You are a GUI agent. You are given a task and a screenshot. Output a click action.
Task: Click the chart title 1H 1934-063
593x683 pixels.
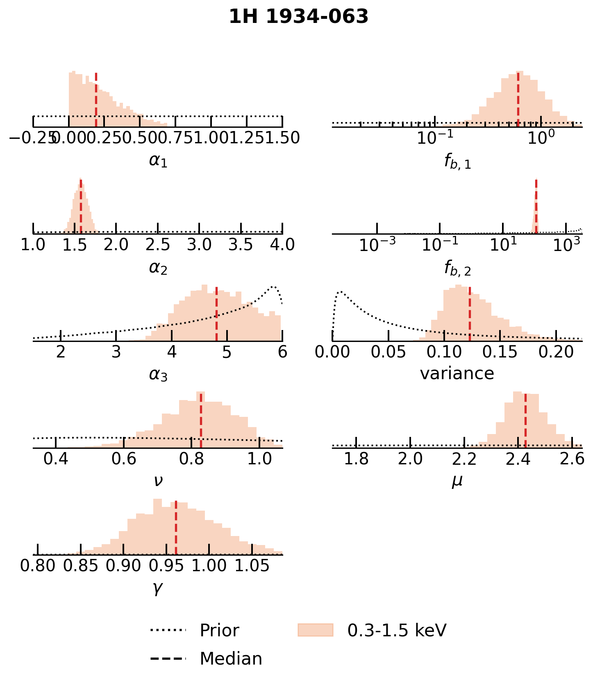coord(298,17)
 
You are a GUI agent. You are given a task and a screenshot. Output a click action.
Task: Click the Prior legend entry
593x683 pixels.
coord(219,631)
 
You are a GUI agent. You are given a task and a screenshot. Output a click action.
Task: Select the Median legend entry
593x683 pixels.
coord(231,659)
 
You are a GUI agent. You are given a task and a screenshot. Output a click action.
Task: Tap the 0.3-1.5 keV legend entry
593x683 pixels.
coord(396,631)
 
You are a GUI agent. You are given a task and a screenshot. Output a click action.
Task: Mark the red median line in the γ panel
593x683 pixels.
coord(176,528)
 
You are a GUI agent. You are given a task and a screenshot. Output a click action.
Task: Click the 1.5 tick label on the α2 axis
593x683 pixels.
coord(75,245)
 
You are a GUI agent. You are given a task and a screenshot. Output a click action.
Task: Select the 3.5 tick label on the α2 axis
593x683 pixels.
coord(241,245)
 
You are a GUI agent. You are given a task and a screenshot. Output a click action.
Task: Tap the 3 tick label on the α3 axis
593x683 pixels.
coord(116,352)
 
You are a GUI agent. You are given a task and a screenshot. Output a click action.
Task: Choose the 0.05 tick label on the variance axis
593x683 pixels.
coord(388,352)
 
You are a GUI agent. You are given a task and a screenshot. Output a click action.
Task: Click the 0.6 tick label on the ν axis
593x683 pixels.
coord(124,459)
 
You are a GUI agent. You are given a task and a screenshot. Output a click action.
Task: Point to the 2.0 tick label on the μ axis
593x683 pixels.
coord(410,459)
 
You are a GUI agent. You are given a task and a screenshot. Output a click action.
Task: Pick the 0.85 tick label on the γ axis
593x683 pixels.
coord(81,566)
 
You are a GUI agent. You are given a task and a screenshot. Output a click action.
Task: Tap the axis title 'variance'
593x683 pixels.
coord(457,373)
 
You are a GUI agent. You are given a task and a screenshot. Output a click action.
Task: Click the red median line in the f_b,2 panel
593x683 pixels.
coord(536,207)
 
